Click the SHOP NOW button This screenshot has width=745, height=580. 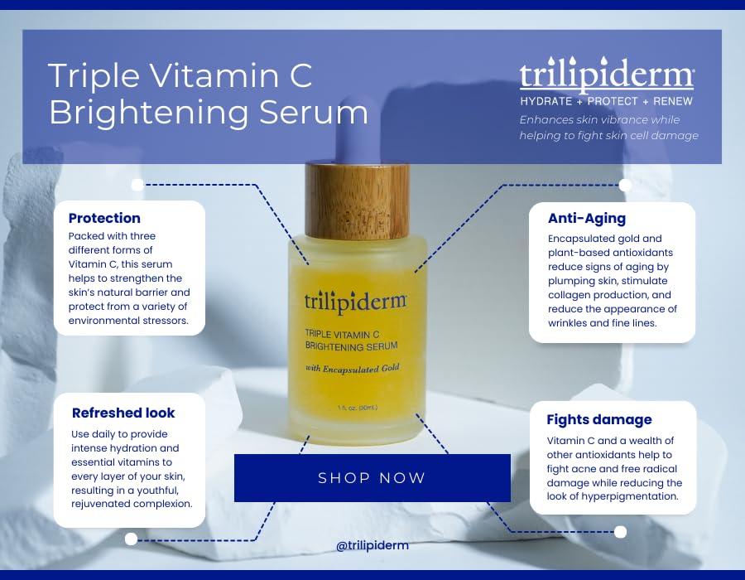click(x=372, y=478)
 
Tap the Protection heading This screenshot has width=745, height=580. click(x=104, y=219)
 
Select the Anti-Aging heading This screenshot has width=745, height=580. click(x=586, y=220)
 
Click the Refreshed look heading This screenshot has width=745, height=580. click(x=123, y=413)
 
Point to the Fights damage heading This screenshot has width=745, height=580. click(x=599, y=419)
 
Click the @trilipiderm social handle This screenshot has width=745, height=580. click(x=372, y=546)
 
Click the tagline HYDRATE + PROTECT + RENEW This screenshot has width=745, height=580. click(x=606, y=101)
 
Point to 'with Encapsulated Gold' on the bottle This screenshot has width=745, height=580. click(x=353, y=368)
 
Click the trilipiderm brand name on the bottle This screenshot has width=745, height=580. click(x=355, y=299)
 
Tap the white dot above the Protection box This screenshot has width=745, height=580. click(x=137, y=184)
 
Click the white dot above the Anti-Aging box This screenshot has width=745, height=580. click(x=625, y=185)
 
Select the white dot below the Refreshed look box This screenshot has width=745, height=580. click(x=131, y=539)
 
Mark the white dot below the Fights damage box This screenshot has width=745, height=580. click(x=620, y=531)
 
